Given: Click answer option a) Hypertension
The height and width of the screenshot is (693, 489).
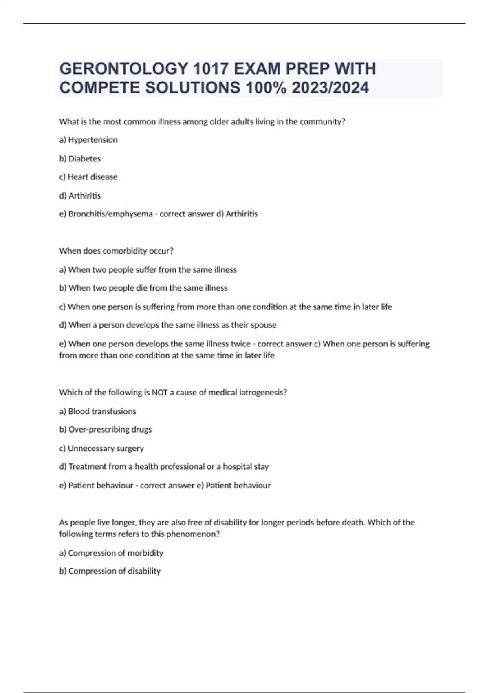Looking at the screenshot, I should pyautogui.click(x=88, y=140).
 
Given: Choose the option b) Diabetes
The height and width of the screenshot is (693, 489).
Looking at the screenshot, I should pyautogui.click(x=80, y=159).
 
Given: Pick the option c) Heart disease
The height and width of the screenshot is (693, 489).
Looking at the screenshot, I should pyautogui.click(x=88, y=177).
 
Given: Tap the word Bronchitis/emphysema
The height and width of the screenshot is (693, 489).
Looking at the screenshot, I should pyautogui.click(x=110, y=214).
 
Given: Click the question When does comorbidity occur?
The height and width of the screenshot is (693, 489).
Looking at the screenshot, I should pyautogui.click(x=116, y=251).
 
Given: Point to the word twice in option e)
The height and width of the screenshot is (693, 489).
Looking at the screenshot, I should pyautogui.click(x=240, y=344).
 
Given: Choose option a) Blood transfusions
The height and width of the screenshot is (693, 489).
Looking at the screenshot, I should pyautogui.click(x=98, y=411).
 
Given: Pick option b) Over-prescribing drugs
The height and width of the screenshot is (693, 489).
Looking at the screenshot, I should pyautogui.click(x=106, y=430).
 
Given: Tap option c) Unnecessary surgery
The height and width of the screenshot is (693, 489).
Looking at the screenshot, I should pyautogui.click(x=101, y=448).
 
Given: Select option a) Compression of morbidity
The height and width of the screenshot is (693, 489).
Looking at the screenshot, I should pyautogui.click(x=111, y=553).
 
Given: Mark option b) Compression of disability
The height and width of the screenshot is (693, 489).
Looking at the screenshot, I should pyautogui.click(x=110, y=571).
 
